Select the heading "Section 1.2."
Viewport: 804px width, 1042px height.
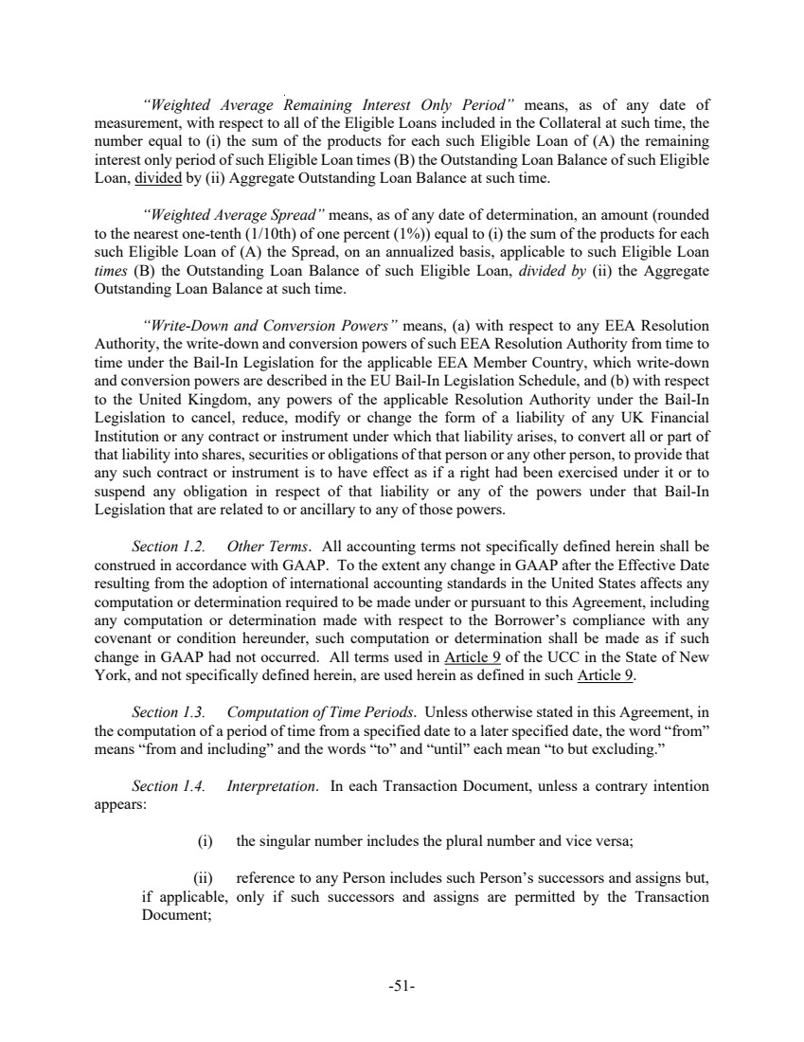168,547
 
